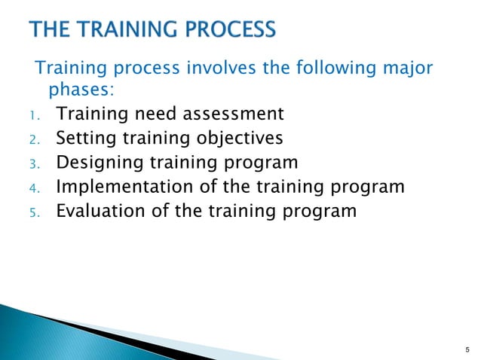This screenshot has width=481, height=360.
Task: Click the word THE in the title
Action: coord(51,31)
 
